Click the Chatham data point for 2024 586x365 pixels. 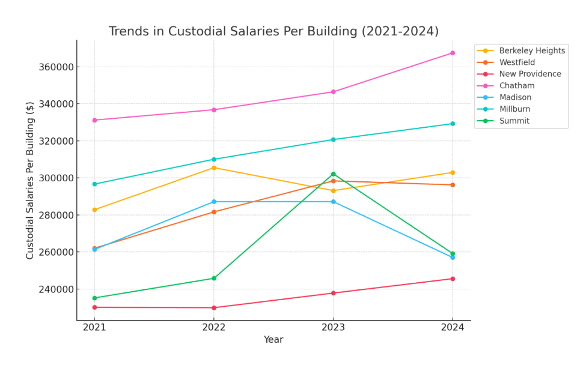pyautogui.click(x=453, y=53)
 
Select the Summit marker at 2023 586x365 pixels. pyautogui.click(x=333, y=174)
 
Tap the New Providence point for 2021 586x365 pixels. pyautogui.click(x=94, y=307)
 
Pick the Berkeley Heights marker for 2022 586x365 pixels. pyautogui.click(x=213, y=167)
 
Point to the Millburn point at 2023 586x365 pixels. pyautogui.click(x=333, y=139)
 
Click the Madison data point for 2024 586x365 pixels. pyautogui.click(x=453, y=258)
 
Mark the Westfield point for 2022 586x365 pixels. pyautogui.click(x=213, y=212)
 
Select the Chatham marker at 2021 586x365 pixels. pyautogui.click(x=94, y=120)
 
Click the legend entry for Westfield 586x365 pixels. pyautogui.click(x=516, y=62)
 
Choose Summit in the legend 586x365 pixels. pyautogui.click(x=514, y=121)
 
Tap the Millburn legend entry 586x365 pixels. pyautogui.click(x=514, y=109)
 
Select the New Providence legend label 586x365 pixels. pyautogui.click(x=530, y=74)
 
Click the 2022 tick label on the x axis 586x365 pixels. pyautogui.click(x=213, y=327)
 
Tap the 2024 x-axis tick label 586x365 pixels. pyautogui.click(x=453, y=327)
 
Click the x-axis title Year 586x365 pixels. pyautogui.click(x=273, y=340)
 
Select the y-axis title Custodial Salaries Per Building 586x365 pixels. pyautogui.click(x=30, y=180)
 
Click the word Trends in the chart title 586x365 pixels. pyautogui.click(x=127, y=31)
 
